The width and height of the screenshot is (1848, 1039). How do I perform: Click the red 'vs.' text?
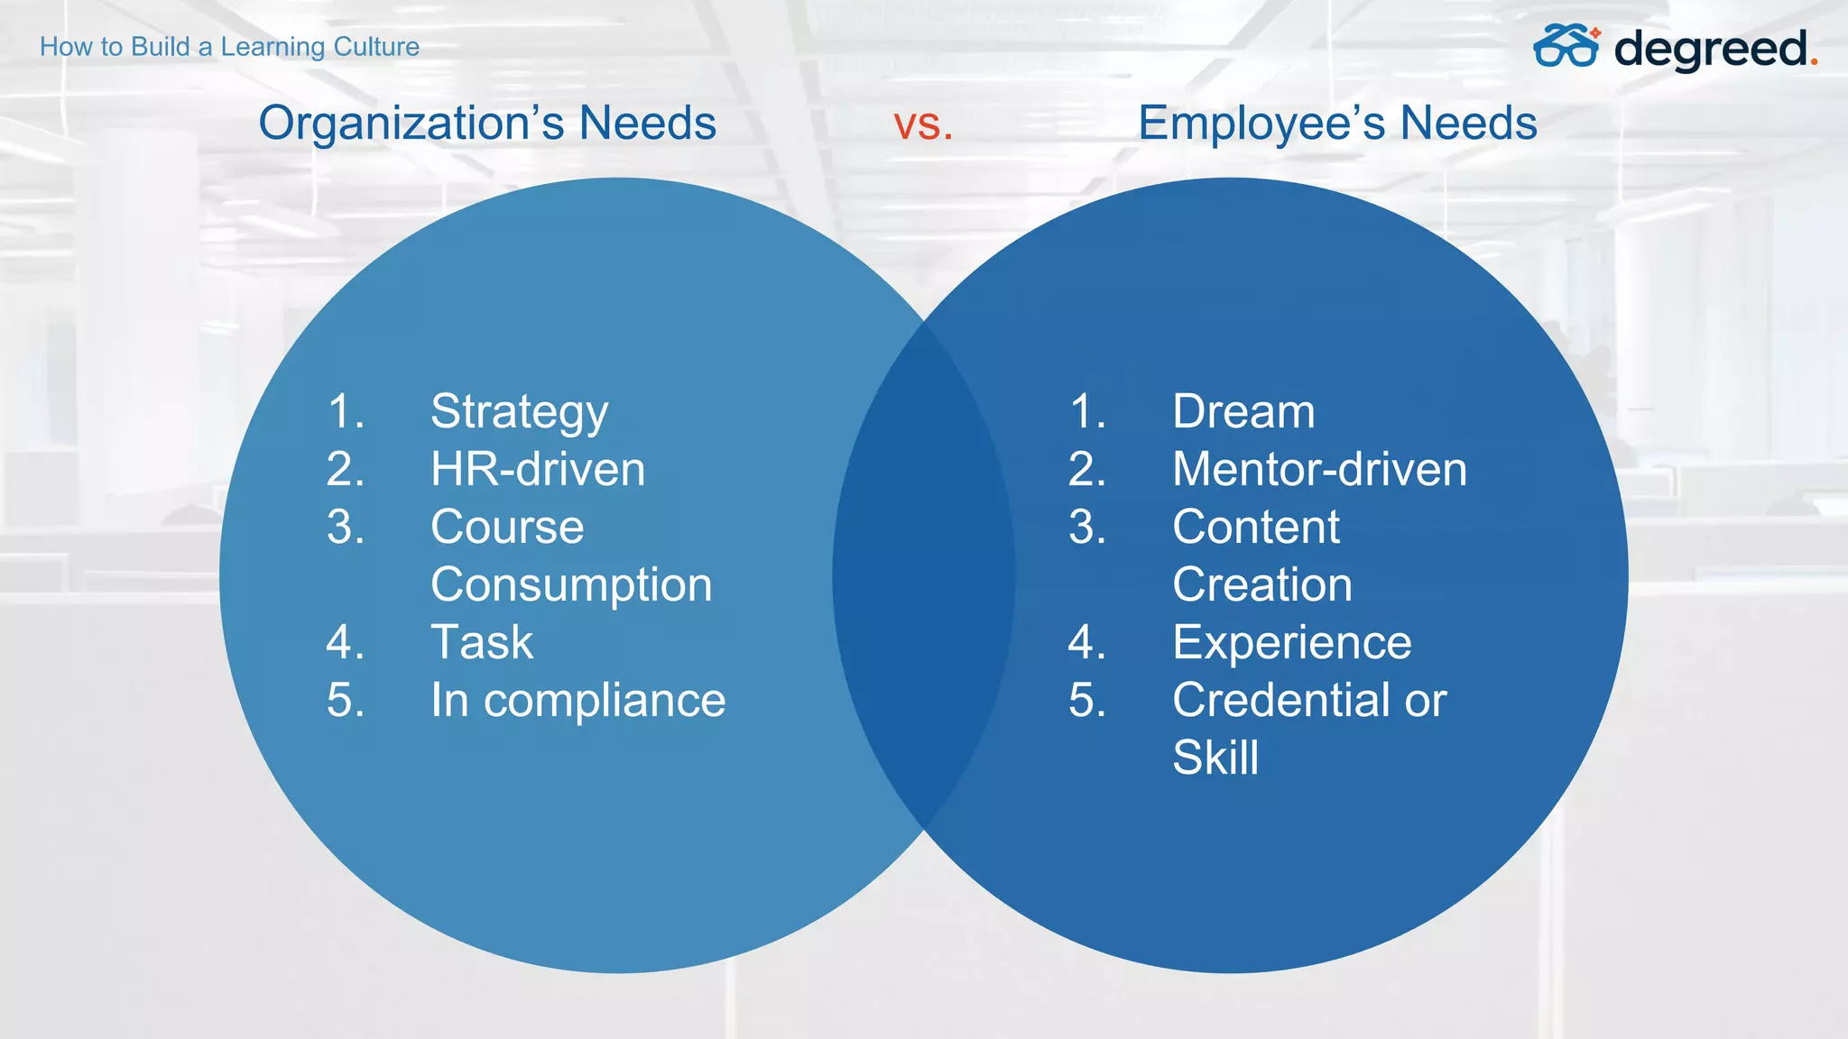pos(922,124)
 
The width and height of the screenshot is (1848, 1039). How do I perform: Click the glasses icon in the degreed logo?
pos(1566,46)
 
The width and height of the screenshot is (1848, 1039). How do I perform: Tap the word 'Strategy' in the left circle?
pos(519,413)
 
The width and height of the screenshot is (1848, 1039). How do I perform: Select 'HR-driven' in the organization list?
pos(538,470)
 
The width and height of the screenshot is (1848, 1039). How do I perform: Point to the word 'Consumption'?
pos(571,585)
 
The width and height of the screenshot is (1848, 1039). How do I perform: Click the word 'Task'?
pos(482,643)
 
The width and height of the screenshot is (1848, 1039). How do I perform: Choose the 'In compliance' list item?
pos(577,701)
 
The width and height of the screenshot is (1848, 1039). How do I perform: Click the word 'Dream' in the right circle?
pos(1243,412)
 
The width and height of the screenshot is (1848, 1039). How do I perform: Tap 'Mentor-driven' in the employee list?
pos(1319,470)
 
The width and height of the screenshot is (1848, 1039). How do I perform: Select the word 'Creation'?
pos(1262,585)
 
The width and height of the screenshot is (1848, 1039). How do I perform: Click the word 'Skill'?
pos(1215,758)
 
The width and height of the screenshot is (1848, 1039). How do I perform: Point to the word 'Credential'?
pos(1281,701)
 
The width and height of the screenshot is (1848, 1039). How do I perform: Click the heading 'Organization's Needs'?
pos(487,124)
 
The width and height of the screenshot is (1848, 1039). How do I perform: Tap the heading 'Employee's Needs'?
pos(1337,124)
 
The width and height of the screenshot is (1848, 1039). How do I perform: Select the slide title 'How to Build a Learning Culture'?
pos(229,47)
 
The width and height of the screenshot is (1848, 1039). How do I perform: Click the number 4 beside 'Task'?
pos(345,643)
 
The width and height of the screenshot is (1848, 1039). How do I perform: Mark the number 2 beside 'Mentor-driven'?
pos(1086,470)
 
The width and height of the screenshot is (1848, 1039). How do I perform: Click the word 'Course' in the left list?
pos(507,528)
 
